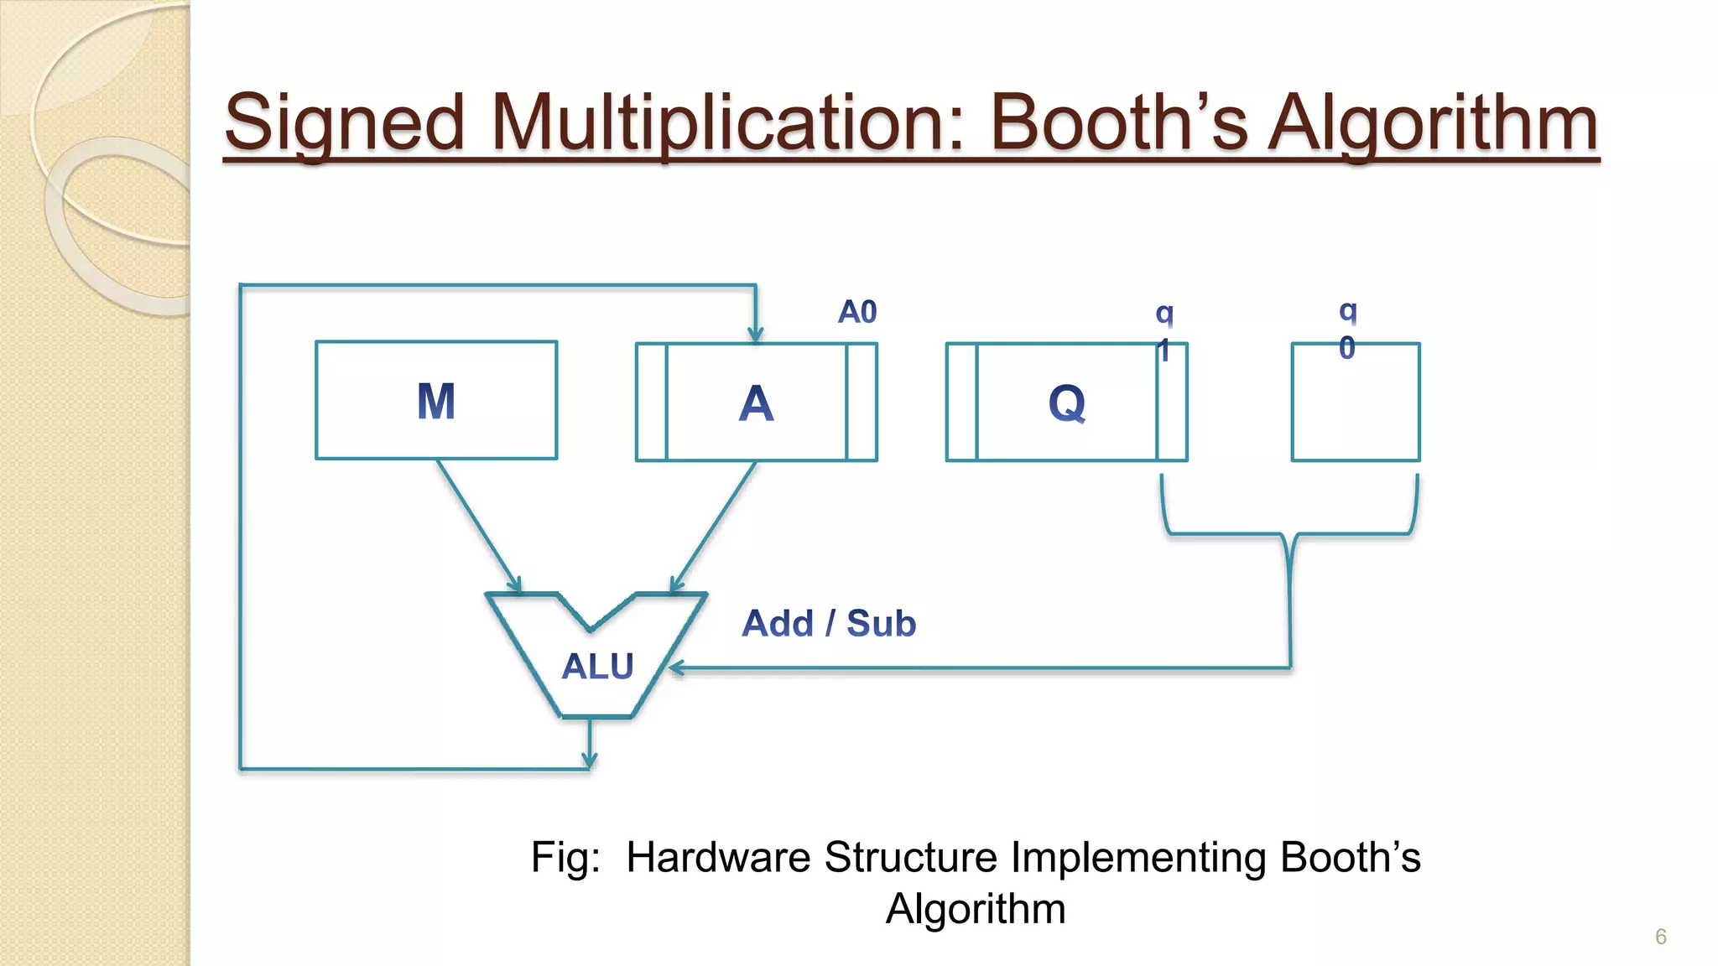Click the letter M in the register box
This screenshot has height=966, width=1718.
point(436,402)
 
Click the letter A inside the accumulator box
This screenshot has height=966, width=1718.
point(756,404)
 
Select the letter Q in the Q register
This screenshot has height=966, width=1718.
point(1066,404)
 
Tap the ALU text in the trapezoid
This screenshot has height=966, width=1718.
point(597,667)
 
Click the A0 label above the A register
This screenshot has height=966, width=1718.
point(857,312)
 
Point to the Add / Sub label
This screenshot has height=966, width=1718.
point(829,624)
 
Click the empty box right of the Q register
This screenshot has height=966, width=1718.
point(1356,402)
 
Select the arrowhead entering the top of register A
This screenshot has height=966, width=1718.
point(756,335)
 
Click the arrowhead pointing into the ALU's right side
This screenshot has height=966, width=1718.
point(676,668)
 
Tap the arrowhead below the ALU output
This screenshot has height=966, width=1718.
point(590,760)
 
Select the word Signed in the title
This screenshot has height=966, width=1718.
point(344,123)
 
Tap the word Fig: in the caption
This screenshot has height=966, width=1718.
point(565,857)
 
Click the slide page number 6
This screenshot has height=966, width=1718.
point(1660,937)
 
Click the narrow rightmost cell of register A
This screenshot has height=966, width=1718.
point(862,402)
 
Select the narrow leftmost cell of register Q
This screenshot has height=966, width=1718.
point(962,402)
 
